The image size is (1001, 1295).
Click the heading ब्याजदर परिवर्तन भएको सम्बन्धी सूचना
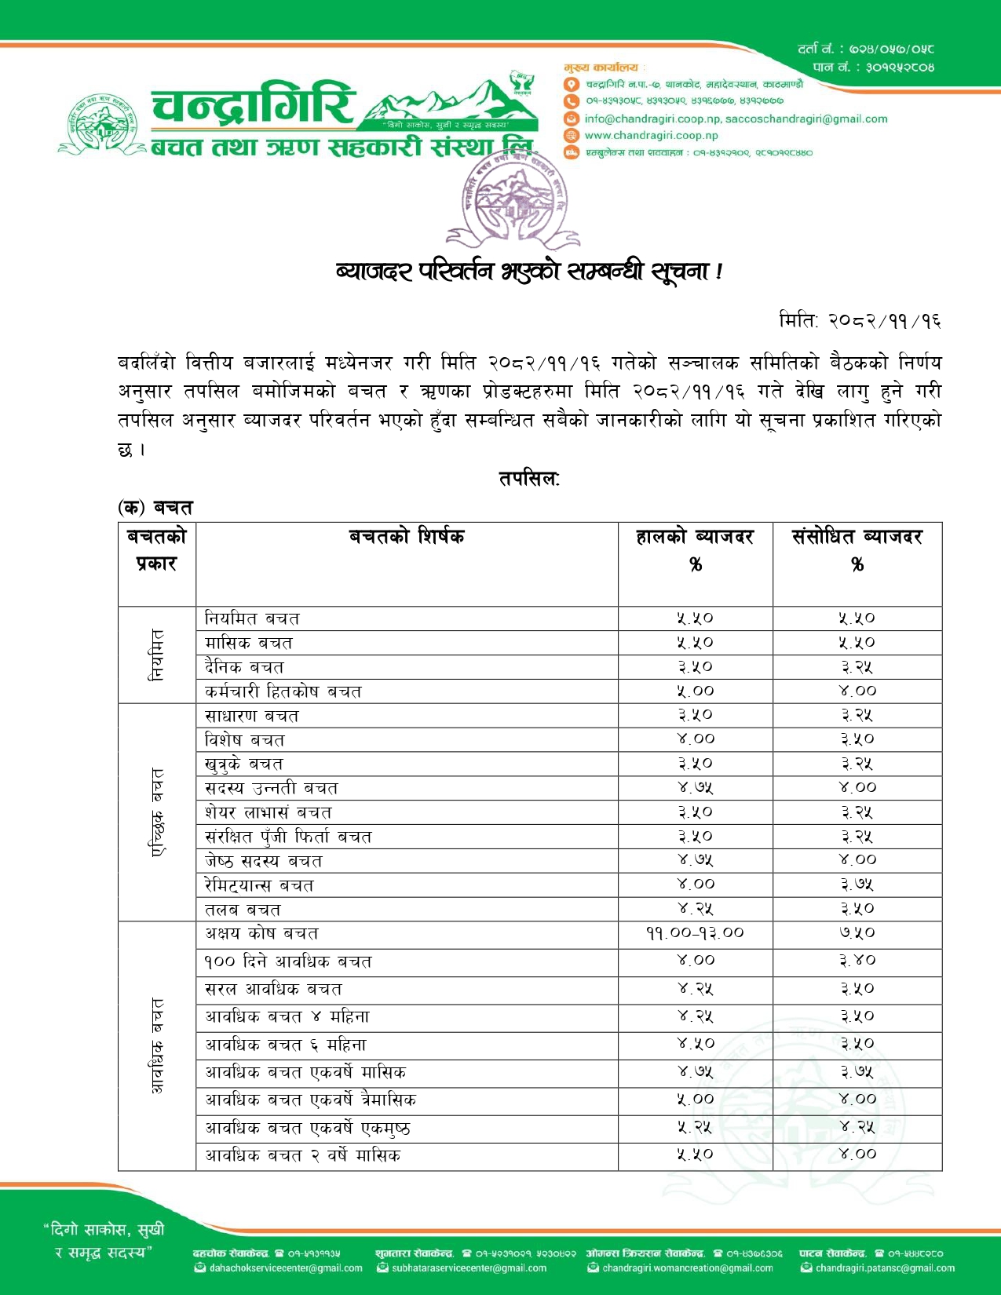coord(528,272)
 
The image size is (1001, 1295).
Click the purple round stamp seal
coord(511,200)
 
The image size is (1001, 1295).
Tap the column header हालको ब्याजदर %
coord(695,550)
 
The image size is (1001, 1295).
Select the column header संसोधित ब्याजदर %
coord(857,550)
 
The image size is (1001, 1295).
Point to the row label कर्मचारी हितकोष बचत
coord(283,691)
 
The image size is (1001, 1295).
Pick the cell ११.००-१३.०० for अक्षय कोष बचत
coord(695,933)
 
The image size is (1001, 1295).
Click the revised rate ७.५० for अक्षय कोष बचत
coord(857,933)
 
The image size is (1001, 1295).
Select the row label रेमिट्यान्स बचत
coord(259,885)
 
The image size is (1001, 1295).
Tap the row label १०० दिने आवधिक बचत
coord(288,961)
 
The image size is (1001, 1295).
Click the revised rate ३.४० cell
coord(857,961)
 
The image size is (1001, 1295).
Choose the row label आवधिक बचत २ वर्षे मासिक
coord(302,1155)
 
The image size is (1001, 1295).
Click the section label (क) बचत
coord(155,508)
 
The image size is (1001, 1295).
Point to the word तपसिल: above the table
coord(528,478)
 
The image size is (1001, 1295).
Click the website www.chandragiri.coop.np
coord(651,135)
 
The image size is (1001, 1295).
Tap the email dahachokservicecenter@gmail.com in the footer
coord(285,1268)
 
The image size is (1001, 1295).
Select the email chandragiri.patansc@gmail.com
coord(885,1268)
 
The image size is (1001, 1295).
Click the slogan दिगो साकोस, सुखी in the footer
coord(104,1229)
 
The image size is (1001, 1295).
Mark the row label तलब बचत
coord(243,910)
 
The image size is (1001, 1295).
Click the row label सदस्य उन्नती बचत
coord(271,788)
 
